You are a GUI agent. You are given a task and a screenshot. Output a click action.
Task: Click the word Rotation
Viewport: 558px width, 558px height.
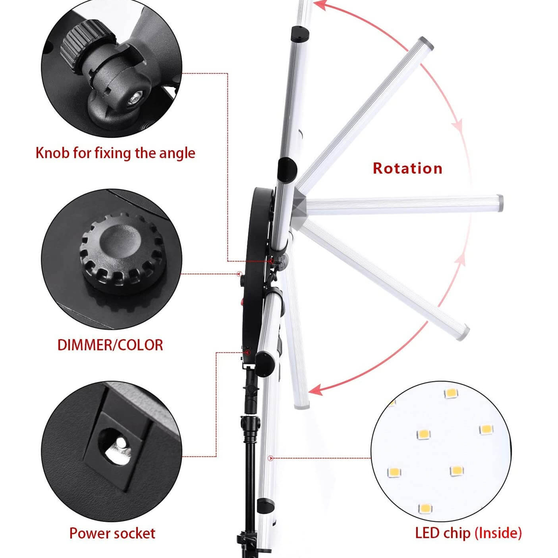tap(407, 168)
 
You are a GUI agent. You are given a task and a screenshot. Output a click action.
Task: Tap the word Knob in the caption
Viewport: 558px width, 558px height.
tap(52, 153)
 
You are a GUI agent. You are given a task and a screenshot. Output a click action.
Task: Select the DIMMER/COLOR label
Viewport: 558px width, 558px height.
tap(110, 345)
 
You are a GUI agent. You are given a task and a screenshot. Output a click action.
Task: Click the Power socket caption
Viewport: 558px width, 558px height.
tap(112, 533)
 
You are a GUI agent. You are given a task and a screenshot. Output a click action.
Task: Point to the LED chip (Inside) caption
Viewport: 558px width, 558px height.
tap(468, 533)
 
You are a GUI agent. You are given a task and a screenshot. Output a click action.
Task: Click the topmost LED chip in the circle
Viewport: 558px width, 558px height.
tap(451, 393)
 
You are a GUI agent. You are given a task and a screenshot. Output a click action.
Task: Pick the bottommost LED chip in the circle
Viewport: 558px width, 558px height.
tap(425, 508)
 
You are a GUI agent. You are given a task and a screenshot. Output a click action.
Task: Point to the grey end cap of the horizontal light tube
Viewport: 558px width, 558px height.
tap(499, 203)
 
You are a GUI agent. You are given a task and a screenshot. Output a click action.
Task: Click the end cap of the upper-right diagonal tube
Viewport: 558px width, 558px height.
tap(426, 43)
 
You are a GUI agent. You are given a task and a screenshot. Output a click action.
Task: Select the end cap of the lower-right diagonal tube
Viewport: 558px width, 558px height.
tap(463, 333)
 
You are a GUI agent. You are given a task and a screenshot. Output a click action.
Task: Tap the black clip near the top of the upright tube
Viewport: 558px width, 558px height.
tap(300, 34)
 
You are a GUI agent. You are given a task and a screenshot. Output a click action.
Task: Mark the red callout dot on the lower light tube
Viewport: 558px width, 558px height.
tap(271, 458)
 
